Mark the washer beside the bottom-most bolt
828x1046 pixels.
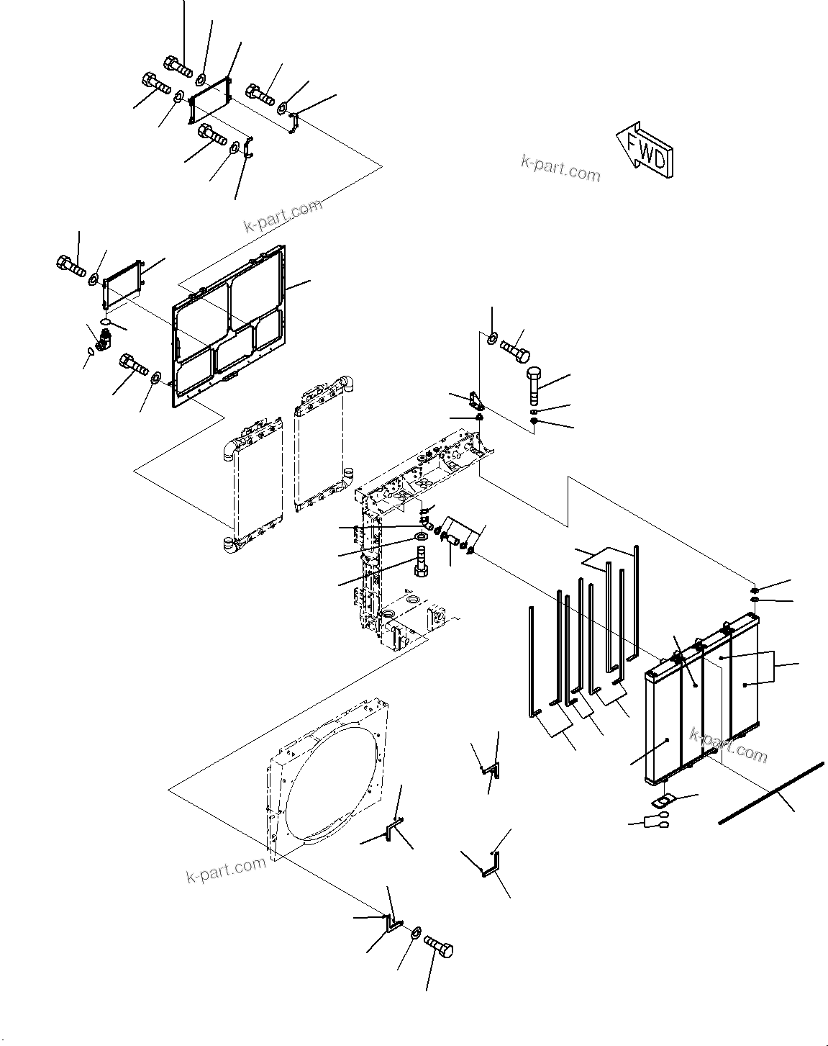click(x=416, y=933)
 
